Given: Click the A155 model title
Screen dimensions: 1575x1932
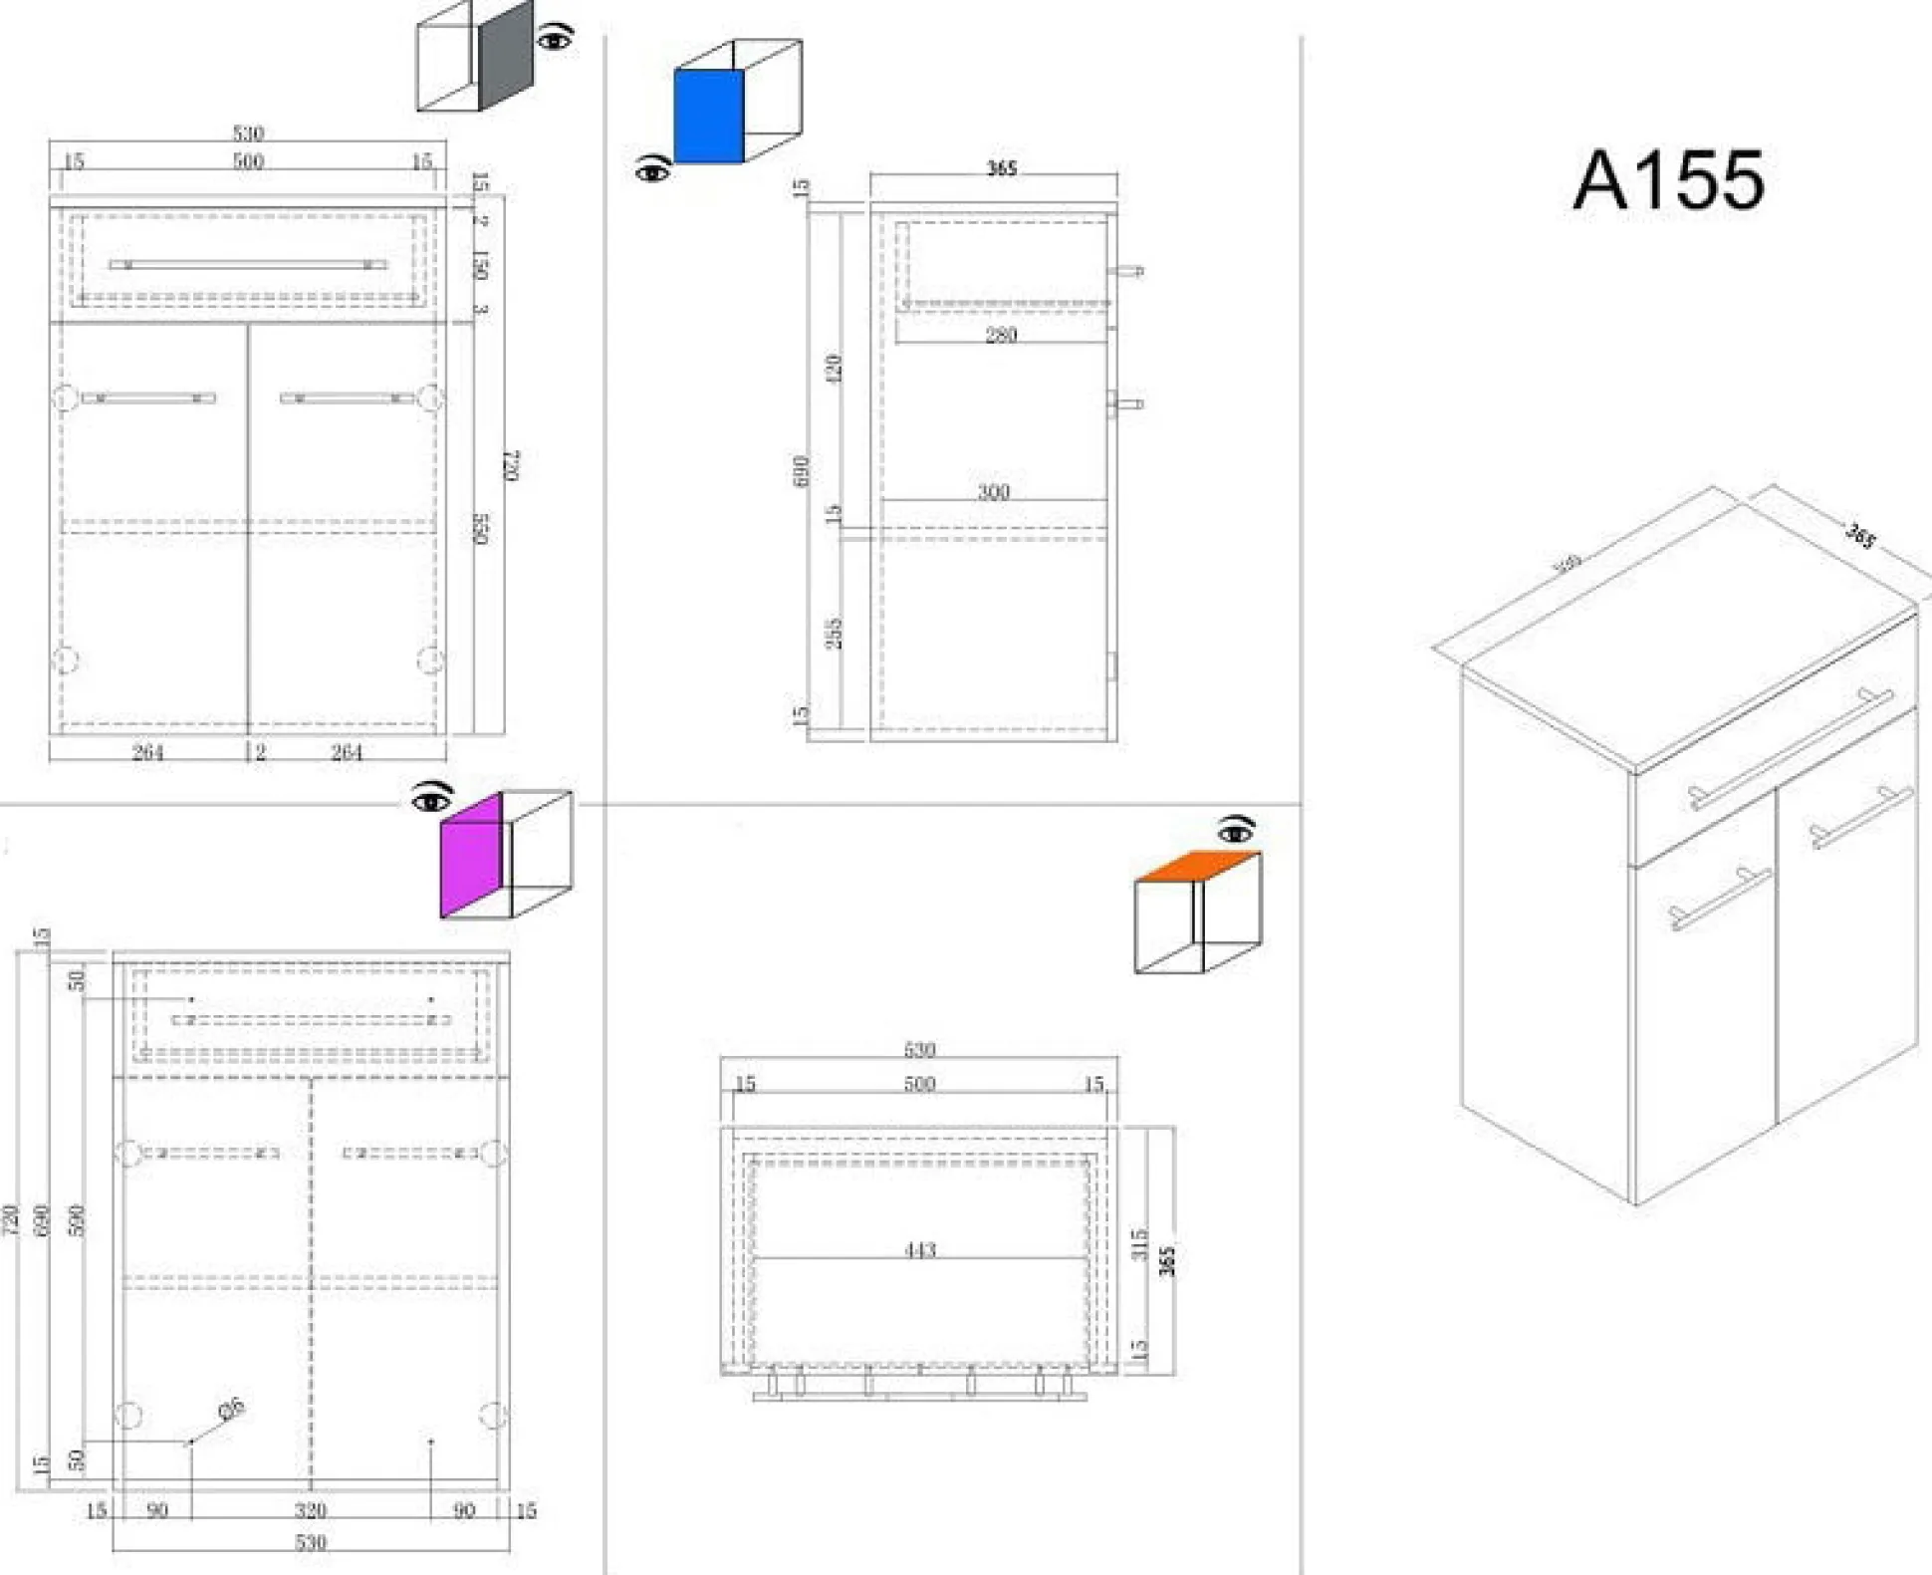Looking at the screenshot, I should coord(1668,180).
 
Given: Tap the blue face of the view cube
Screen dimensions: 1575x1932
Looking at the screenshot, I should coord(708,116).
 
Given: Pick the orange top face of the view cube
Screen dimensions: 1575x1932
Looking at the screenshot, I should coord(1196,866).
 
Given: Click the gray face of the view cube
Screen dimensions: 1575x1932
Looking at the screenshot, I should coord(506,56).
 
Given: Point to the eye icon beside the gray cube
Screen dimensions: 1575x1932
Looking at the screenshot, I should coord(555,39).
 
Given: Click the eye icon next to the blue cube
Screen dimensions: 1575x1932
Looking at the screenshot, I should coord(652,170).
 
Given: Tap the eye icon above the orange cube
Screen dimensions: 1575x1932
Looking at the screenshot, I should coord(1236,829).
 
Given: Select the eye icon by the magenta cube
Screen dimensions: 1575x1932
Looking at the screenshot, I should coord(431,798).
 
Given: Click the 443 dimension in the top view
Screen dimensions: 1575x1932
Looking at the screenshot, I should coord(920,1249).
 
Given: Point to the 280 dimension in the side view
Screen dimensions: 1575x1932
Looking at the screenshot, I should coord(1001,335).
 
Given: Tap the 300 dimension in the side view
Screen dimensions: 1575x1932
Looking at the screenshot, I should coord(993,492).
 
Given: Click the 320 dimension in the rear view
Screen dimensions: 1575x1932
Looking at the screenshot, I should coord(311,1510).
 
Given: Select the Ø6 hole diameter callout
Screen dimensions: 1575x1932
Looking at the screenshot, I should coord(231,1410).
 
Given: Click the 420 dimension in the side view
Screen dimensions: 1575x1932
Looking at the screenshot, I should coord(834,368).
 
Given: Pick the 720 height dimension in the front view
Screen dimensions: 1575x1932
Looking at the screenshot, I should coord(510,465).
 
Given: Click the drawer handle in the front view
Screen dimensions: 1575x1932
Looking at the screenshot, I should coord(248,265).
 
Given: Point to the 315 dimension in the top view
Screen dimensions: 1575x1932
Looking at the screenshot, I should coord(1140,1244).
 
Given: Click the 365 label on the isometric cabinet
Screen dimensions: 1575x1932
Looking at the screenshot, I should coord(1860,536).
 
